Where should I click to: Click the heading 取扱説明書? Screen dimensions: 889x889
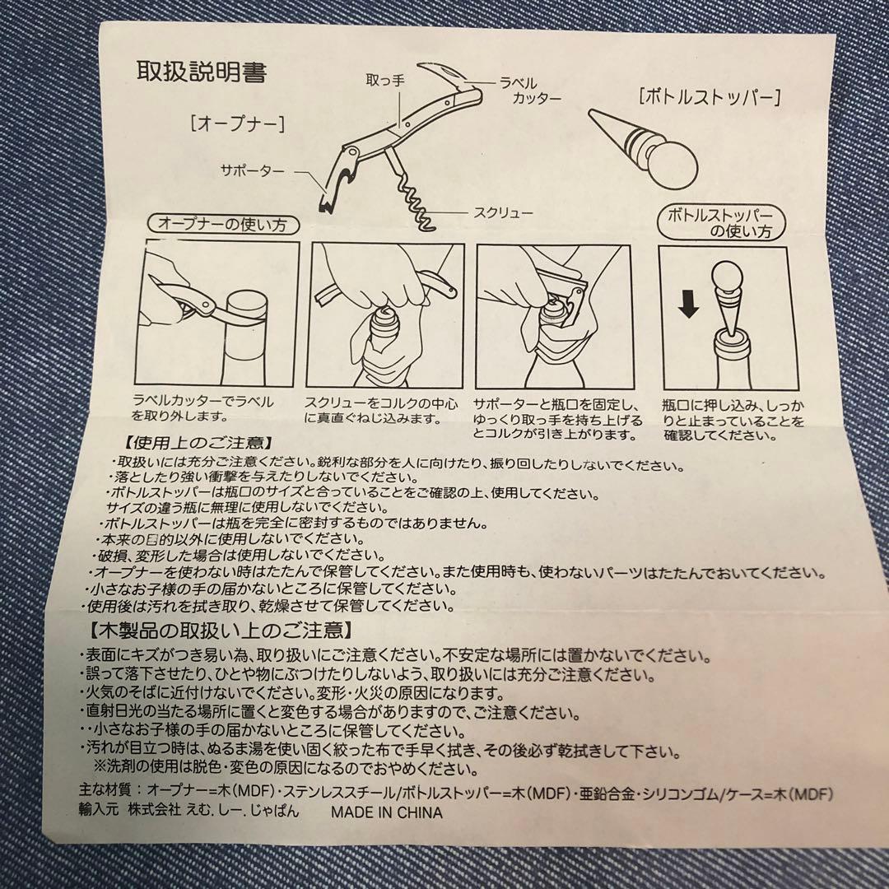(x=201, y=72)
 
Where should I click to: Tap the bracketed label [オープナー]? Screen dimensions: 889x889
(x=236, y=124)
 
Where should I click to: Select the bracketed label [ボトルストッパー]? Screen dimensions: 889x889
(x=710, y=98)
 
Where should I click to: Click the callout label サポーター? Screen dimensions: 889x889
(x=252, y=171)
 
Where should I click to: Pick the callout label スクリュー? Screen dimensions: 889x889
(x=502, y=213)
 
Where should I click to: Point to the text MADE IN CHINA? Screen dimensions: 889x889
(x=386, y=812)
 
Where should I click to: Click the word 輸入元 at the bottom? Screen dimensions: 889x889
(x=99, y=811)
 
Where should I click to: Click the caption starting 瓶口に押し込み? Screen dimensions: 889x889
(x=732, y=420)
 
